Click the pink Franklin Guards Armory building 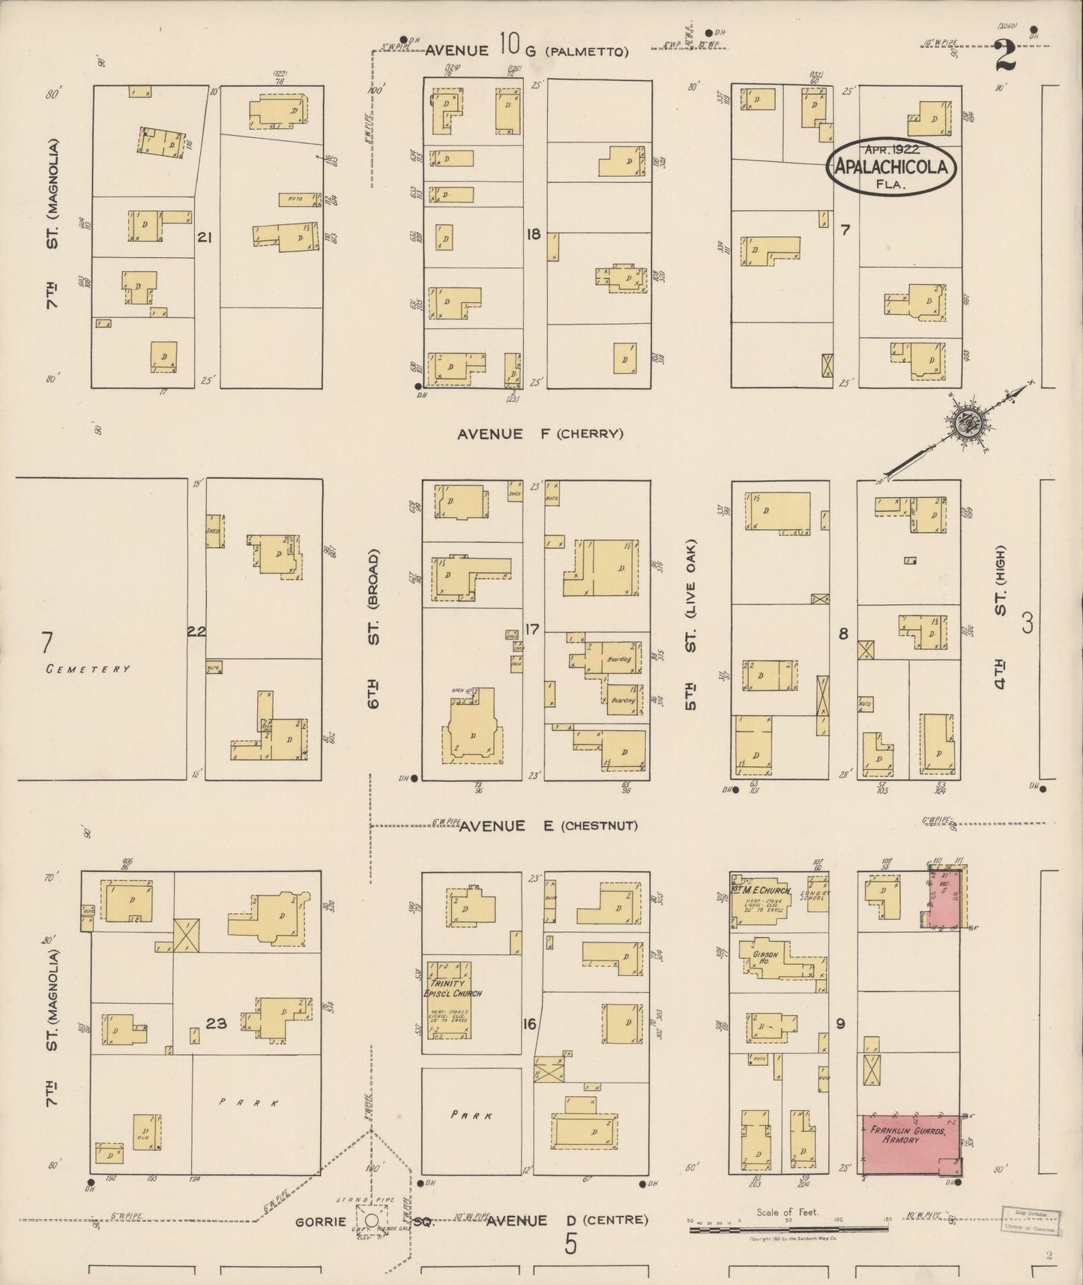coord(911,1155)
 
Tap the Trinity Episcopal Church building coord(449,1001)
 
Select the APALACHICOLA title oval coord(891,167)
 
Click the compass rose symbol coord(962,424)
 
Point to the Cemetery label coord(88,669)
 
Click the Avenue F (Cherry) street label coord(540,433)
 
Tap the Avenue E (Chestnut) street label coord(548,825)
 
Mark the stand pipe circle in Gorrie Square coord(372,1221)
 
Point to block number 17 coord(531,629)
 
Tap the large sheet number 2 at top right coord(1005,56)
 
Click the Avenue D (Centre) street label coord(567,1221)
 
